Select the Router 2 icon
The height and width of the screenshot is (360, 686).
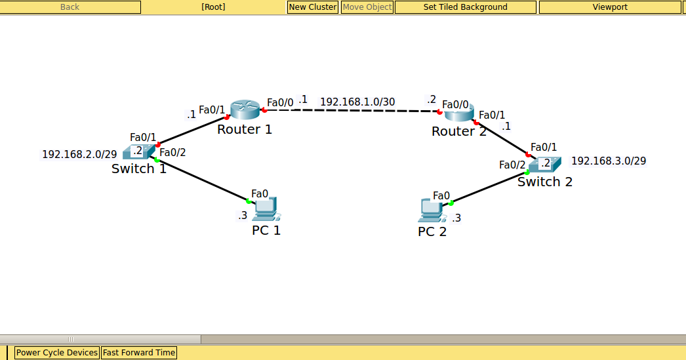(458, 113)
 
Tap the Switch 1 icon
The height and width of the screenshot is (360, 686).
(138, 151)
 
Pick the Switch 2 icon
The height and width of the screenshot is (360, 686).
(544, 164)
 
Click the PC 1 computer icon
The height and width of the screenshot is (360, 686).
(266, 209)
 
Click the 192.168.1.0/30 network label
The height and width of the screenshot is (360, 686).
(357, 102)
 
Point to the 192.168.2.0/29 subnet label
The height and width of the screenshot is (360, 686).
(79, 154)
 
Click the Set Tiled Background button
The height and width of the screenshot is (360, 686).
(466, 7)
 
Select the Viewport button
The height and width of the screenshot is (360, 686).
(610, 7)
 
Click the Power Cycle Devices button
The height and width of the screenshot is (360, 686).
(57, 353)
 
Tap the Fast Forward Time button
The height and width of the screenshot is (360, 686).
(139, 353)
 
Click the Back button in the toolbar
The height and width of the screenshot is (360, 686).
(70, 7)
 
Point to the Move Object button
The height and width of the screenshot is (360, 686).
(367, 7)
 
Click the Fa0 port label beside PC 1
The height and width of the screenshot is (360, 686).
(260, 193)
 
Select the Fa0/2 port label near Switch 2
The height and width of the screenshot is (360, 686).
(512, 165)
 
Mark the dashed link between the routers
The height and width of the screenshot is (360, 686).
(354, 111)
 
